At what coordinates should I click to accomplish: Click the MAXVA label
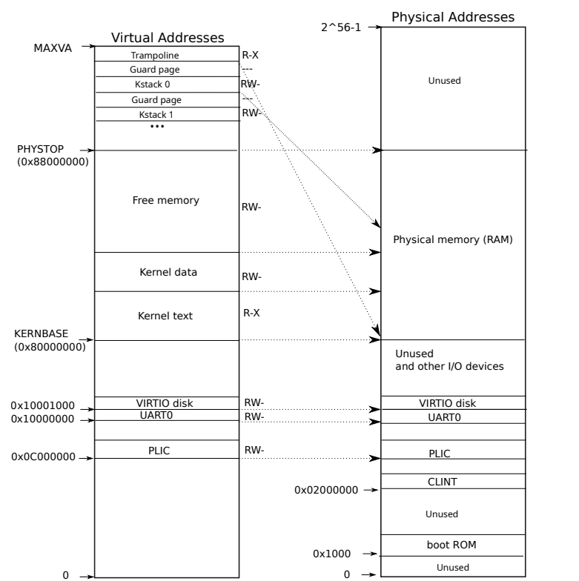53,47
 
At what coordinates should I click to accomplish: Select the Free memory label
166,200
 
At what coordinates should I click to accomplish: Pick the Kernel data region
168,272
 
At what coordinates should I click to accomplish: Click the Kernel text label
165,316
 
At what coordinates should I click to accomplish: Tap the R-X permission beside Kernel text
252,313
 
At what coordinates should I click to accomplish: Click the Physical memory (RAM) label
452,239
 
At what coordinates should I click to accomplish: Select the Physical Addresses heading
452,17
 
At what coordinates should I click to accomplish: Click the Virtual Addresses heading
167,38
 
